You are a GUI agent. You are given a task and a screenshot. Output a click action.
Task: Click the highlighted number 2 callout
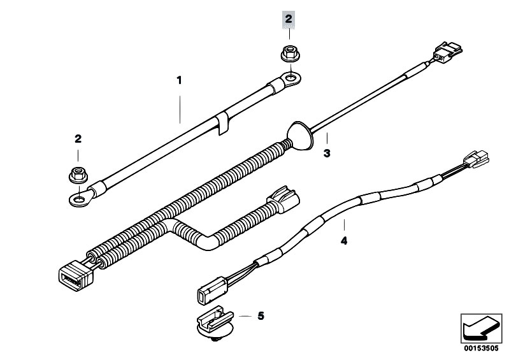point(288,19)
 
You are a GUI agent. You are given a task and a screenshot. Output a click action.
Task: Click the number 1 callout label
point(179,80)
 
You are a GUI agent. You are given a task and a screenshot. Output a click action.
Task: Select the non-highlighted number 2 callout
point(78,139)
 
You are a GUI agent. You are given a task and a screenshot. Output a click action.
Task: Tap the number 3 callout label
point(327,153)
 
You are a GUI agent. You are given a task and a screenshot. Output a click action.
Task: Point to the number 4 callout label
point(344,241)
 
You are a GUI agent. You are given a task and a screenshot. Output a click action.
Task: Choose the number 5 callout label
point(261,316)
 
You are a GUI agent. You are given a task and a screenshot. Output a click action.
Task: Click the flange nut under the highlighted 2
point(290,54)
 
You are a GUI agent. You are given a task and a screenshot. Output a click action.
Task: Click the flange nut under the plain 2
point(78,175)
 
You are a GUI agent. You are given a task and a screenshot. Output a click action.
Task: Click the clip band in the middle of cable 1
point(222,123)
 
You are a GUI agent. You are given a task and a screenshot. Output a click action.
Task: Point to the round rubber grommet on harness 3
point(300,135)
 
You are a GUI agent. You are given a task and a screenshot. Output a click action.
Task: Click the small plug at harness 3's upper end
point(447,52)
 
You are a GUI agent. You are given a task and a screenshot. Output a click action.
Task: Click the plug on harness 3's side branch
point(282,199)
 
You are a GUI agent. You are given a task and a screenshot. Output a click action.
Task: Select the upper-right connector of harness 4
point(477,159)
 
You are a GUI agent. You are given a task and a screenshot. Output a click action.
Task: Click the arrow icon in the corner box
point(481,329)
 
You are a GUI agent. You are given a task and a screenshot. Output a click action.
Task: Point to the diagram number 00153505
point(481,349)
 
